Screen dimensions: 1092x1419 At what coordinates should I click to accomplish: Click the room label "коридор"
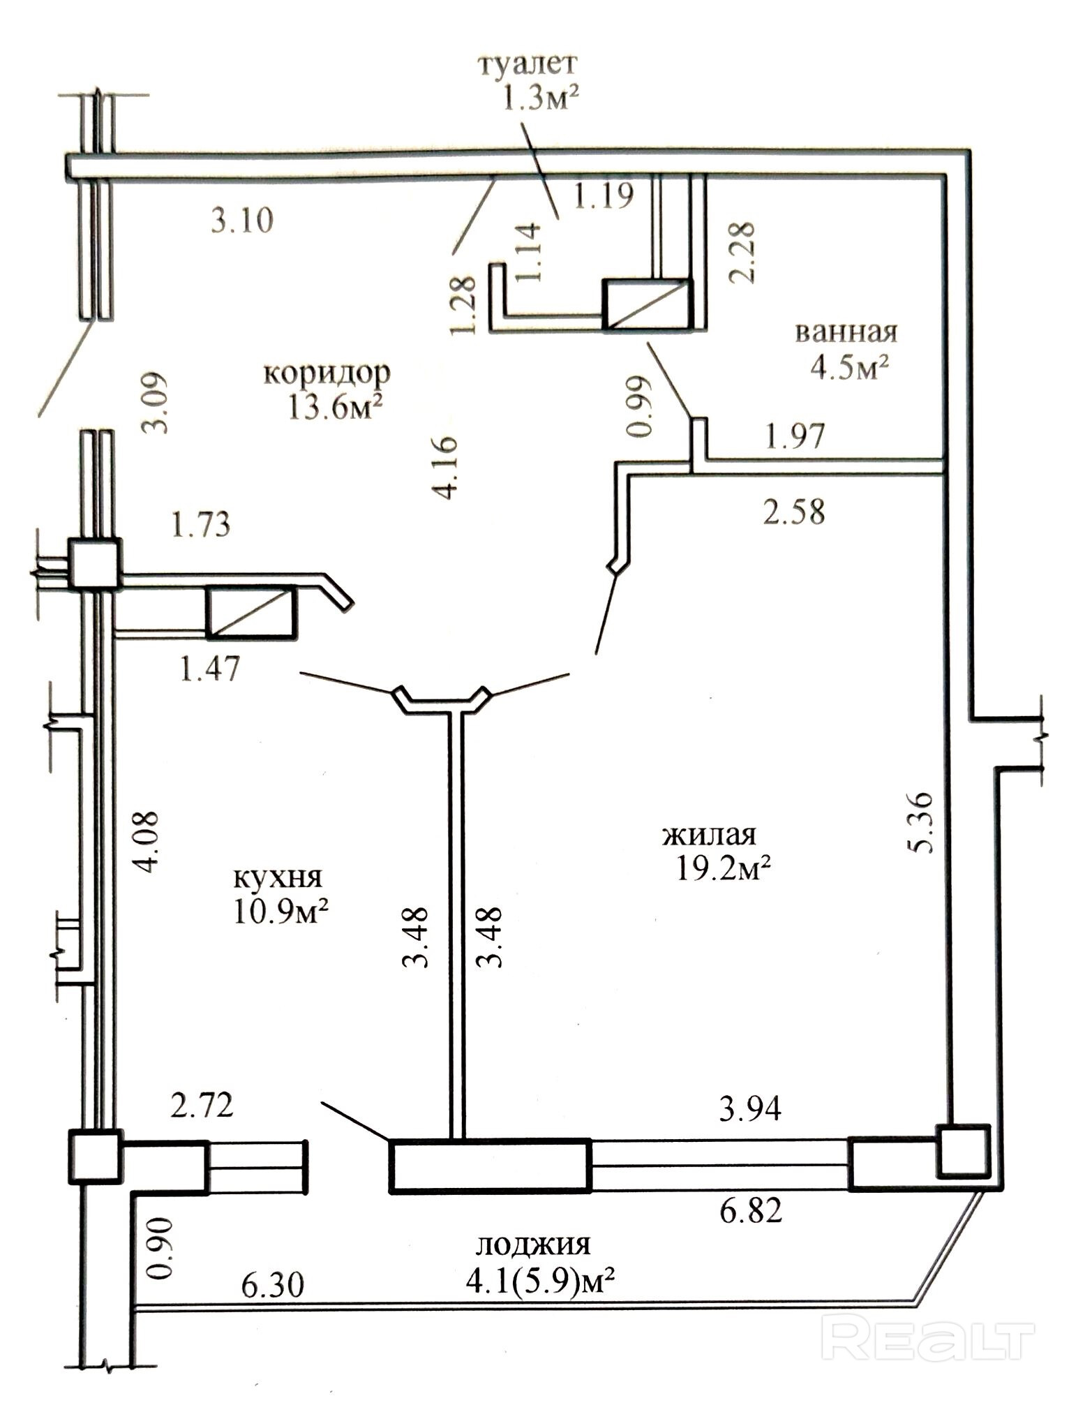(327, 373)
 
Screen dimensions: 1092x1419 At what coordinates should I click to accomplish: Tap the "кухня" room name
(277, 877)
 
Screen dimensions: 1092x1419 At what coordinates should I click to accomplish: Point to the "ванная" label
(846, 332)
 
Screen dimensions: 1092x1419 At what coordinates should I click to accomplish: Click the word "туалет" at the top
(528, 64)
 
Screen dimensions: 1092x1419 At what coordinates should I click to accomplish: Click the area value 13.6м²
(337, 407)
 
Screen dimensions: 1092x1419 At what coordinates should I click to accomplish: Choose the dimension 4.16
(445, 468)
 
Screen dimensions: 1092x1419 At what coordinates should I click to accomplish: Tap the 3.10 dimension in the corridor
(242, 221)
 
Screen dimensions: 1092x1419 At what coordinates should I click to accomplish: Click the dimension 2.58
(793, 511)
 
